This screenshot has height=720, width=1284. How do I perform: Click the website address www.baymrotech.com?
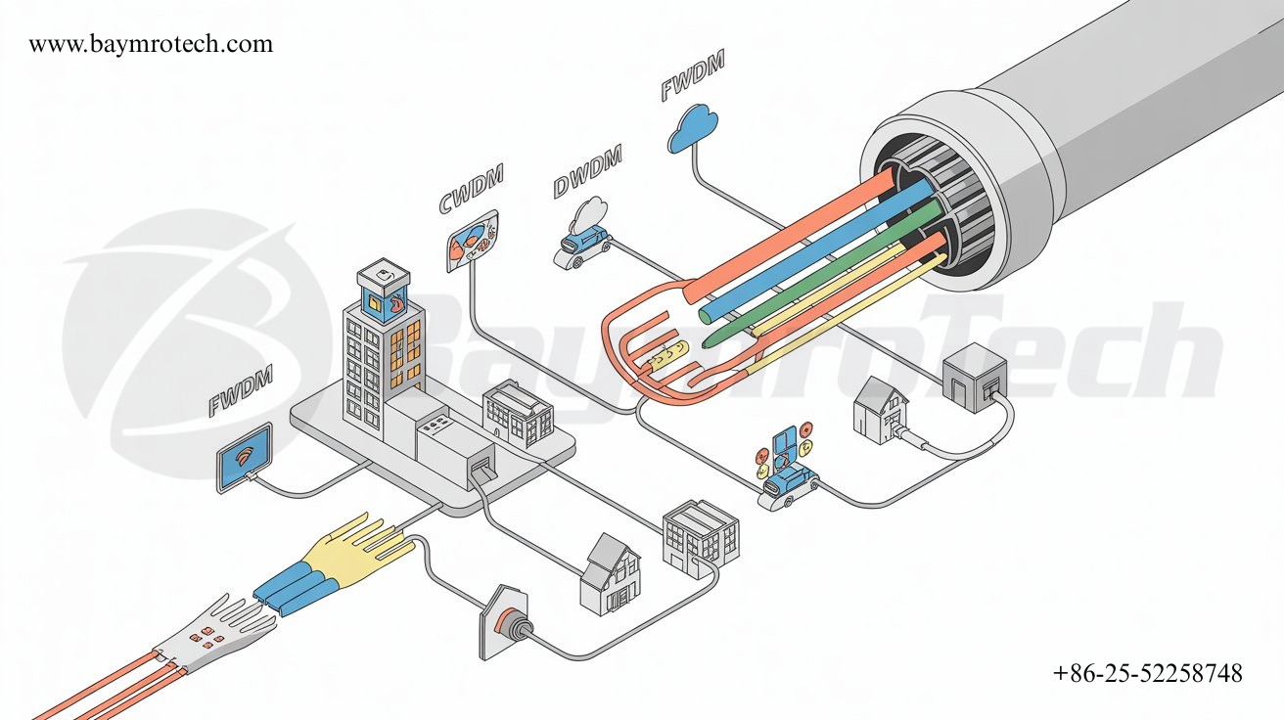point(151,44)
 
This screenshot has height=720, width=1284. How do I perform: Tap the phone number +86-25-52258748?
point(1148,673)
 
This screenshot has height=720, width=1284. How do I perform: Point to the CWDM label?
point(471,189)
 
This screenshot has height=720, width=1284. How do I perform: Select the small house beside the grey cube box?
point(880,409)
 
